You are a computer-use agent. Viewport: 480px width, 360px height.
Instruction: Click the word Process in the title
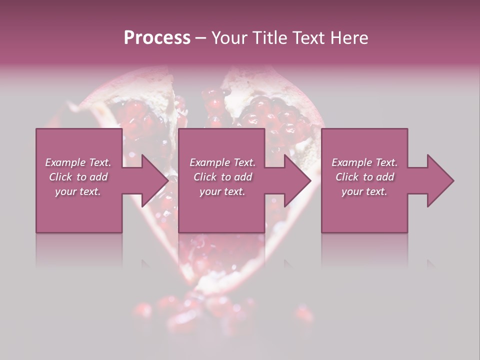[x=157, y=38]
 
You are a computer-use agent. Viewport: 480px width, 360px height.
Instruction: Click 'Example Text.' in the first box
[x=78, y=162]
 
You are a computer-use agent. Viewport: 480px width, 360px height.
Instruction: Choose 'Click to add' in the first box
[x=78, y=177]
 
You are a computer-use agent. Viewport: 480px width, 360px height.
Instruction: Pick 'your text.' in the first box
[x=78, y=191]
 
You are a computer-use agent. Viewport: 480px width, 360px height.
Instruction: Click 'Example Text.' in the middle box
[x=222, y=162]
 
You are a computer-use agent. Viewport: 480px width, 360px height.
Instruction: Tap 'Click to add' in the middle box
[x=222, y=177]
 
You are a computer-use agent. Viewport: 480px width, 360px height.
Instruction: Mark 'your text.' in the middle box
[x=222, y=191]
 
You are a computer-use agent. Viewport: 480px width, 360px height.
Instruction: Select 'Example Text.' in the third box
[x=364, y=162]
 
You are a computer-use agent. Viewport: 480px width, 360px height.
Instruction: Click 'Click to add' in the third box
[x=364, y=177]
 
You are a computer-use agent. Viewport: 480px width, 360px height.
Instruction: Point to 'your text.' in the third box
[x=364, y=191]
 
